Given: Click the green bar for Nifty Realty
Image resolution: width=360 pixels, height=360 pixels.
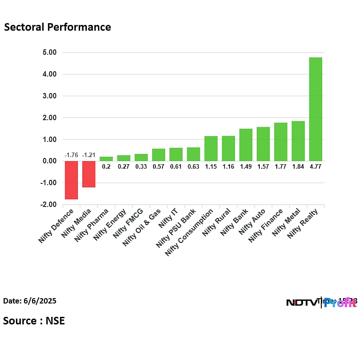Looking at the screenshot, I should coord(316,109).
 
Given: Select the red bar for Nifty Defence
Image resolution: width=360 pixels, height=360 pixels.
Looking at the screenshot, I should coord(71,180).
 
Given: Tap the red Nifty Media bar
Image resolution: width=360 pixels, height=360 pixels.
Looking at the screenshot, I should coord(89,174).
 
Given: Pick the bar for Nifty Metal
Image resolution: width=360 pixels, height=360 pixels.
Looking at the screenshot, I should coord(298,141).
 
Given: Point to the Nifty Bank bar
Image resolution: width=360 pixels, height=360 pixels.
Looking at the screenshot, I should coord(246,145).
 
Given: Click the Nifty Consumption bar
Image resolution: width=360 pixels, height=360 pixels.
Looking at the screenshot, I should coord(211,149).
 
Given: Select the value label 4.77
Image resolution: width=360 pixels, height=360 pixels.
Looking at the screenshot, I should coord(316,166).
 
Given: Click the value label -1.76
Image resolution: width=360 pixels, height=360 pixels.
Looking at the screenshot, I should coord(71,155).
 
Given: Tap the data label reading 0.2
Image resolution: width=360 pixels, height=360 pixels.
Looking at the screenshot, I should coord(106,166).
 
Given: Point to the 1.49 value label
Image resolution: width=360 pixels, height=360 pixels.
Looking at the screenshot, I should coord(246,166).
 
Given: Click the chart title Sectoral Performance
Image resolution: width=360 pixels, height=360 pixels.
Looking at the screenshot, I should coord(57,27).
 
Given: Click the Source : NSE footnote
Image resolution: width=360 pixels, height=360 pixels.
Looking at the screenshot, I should coord(34,320).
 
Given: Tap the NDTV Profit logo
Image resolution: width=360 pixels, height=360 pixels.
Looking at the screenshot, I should coord(321,303).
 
